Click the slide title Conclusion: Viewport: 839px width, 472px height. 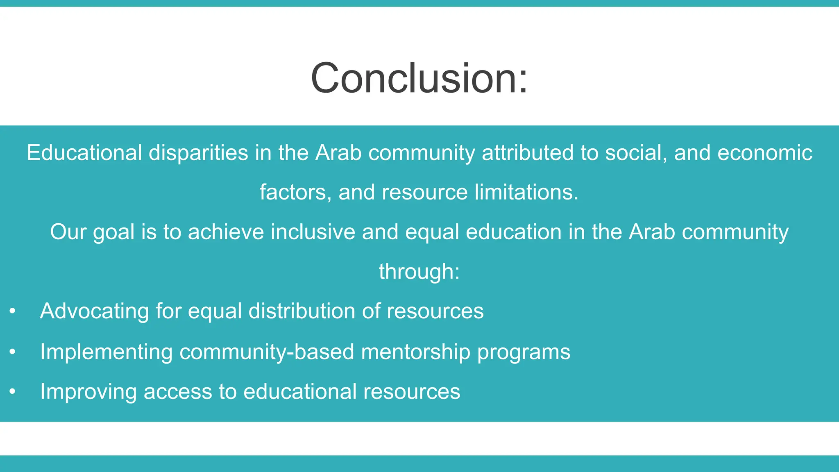(419, 78)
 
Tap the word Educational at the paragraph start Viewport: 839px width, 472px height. (84, 153)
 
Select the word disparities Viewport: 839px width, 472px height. (198, 153)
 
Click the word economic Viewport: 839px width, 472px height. (765, 153)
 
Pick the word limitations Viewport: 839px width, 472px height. (526, 192)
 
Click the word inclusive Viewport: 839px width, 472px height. (313, 232)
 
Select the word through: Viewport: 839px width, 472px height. (419, 272)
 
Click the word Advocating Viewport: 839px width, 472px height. (94, 311)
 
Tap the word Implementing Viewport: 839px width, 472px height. (106, 352)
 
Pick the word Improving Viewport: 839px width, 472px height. (88, 392)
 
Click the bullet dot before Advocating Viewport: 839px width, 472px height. (13, 311)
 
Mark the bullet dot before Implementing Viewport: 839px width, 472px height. (13, 352)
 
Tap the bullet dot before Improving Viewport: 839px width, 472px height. (13, 391)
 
